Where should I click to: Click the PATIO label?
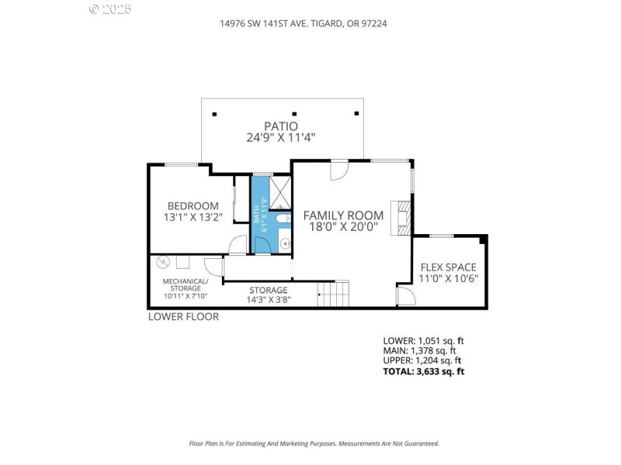tap(281, 126)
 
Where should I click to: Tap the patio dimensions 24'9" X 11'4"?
tap(281, 138)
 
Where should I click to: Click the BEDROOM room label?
tap(193, 205)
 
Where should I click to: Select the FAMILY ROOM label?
tap(343, 215)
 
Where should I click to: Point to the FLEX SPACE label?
tap(449, 267)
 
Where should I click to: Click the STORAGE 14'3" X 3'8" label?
tap(269, 294)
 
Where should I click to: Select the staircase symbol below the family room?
tap(335, 294)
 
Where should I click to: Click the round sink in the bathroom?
tap(285, 243)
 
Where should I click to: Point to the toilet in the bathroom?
tap(284, 220)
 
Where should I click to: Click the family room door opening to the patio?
tap(338, 170)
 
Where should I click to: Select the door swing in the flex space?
tap(405, 297)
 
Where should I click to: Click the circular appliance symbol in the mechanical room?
tap(164, 261)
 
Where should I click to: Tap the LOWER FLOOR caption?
tap(183, 316)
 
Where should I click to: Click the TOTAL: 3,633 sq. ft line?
tap(424, 372)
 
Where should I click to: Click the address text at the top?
tap(304, 23)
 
